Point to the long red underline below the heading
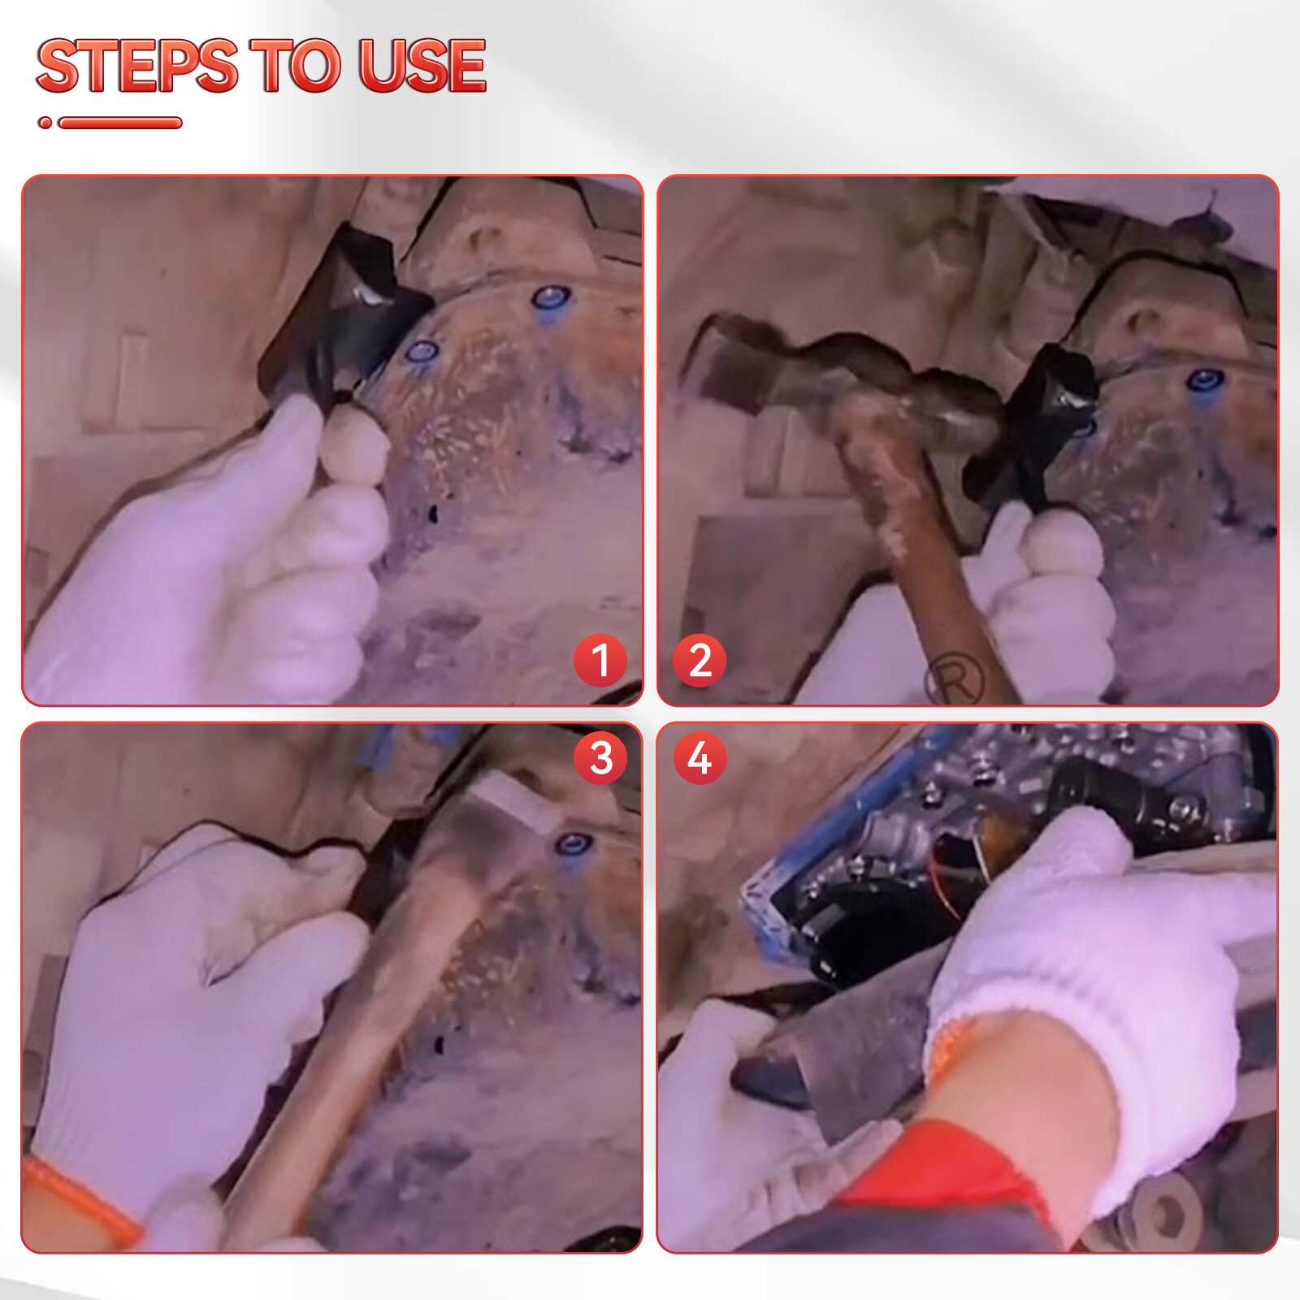(120, 123)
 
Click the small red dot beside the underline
(45, 123)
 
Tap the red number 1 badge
(600, 660)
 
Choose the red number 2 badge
(700, 660)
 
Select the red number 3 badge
(600, 758)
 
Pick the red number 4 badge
(700, 758)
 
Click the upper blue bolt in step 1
(550, 300)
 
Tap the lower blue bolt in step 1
(422, 352)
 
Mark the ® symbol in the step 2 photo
(955, 678)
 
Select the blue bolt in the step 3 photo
(574, 846)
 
